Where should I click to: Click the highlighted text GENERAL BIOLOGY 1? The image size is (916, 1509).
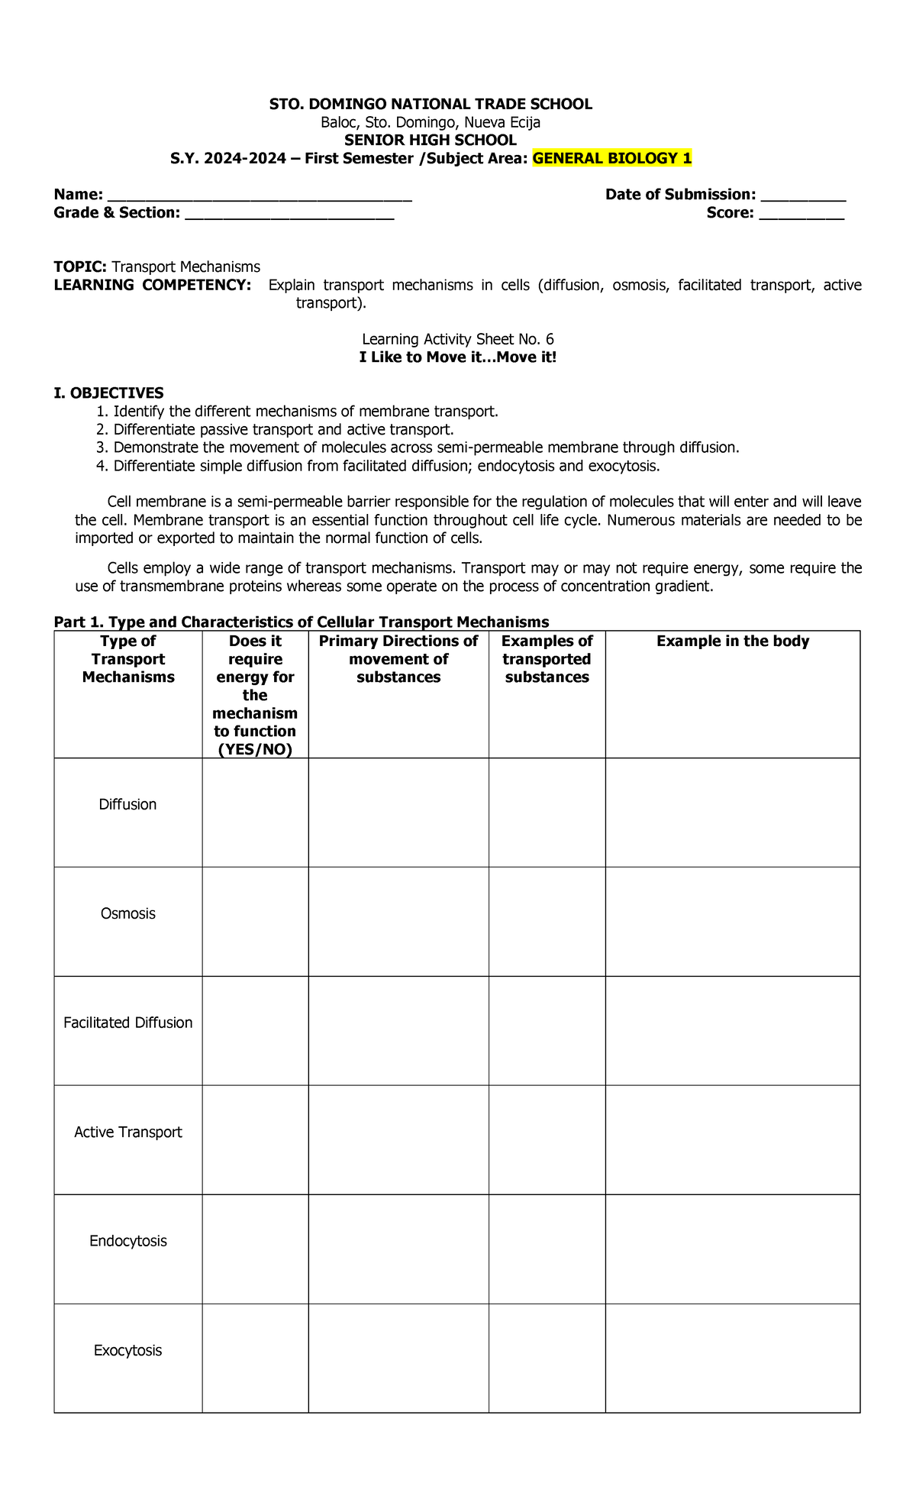pos(612,159)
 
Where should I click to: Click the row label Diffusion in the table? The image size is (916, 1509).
pos(127,805)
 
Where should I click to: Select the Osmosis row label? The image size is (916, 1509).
pos(127,914)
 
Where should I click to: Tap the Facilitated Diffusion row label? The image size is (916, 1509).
pos(127,1023)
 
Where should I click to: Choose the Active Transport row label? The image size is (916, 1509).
pos(127,1133)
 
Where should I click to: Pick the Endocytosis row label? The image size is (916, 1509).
pos(127,1242)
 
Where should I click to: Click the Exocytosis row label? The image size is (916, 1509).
pos(127,1351)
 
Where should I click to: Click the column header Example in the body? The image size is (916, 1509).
pos(732,641)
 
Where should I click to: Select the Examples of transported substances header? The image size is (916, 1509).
pos(547,659)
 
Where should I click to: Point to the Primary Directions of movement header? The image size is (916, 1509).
pos(398,659)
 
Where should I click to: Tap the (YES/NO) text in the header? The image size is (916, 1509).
pos(255,750)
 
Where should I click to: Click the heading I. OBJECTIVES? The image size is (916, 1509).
pos(108,393)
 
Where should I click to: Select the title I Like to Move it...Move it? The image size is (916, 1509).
pos(458,357)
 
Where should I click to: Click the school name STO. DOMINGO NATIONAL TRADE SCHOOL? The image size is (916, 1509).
pos(431,105)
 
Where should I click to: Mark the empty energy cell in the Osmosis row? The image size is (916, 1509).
pos(255,921)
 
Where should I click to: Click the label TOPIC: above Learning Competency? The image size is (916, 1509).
pos(80,267)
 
